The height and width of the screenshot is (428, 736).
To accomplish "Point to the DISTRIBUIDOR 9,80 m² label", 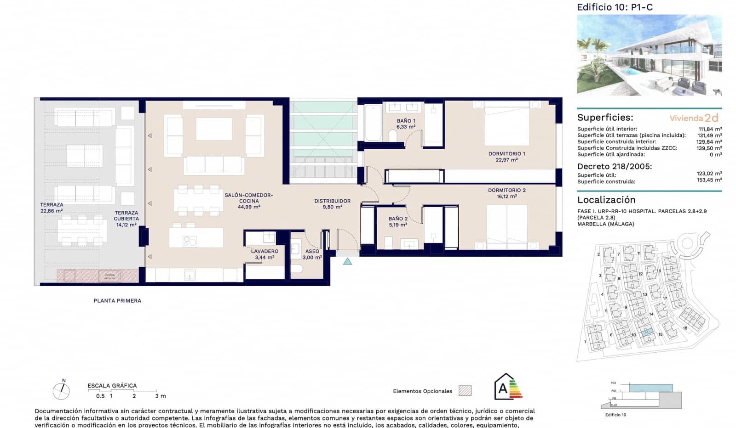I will tap(332, 204).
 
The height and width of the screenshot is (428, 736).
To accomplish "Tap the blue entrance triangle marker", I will tap(348, 261).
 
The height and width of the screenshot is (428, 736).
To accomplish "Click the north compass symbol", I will tap(61, 390).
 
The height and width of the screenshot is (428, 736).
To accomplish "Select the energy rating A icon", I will tap(508, 387).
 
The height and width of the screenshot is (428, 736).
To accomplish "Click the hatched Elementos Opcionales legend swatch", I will tap(465, 391).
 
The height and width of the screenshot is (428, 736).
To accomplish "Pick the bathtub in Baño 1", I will tap(372, 123).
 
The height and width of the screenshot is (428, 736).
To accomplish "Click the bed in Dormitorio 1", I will tap(506, 124).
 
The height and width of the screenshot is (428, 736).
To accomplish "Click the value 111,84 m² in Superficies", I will tap(710, 129).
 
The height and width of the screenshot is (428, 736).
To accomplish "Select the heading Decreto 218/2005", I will tap(615, 166).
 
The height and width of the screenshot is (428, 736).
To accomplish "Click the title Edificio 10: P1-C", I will tap(615, 7).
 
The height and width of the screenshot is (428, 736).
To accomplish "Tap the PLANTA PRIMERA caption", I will tap(117, 301).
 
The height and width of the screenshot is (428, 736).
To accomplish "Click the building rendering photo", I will tap(649, 55).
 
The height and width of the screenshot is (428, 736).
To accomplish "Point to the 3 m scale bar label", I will tap(161, 396).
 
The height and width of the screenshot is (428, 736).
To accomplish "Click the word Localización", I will tap(606, 200).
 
